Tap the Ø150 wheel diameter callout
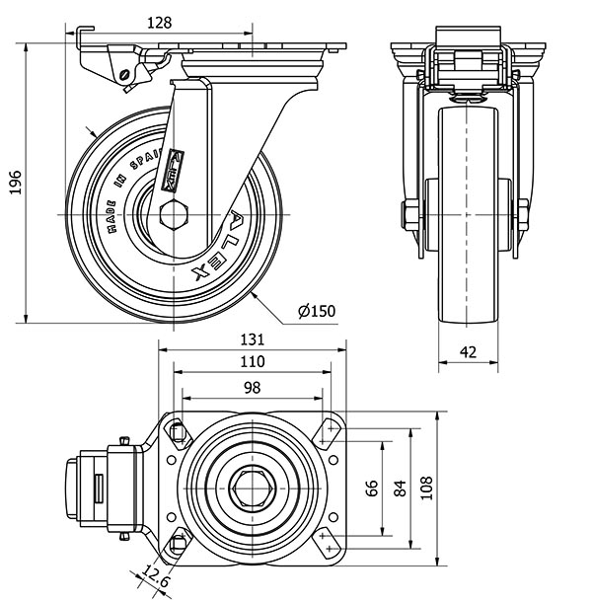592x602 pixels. (317, 311)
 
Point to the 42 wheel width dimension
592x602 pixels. (469, 350)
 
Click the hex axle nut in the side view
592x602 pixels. (176, 214)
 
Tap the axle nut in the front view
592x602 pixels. (407, 214)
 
